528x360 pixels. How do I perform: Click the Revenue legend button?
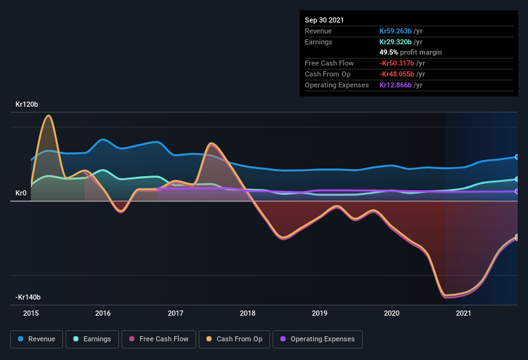coord(37,339)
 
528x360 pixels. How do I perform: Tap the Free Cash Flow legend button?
coord(159,339)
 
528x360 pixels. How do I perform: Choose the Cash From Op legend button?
coord(233,339)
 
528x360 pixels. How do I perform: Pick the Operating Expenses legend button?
coord(318,339)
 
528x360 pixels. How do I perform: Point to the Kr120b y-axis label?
coord(28,104)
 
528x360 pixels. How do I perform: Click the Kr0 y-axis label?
coord(21,193)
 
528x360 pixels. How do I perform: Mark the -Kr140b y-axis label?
coord(29,297)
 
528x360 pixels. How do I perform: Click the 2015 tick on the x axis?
coord(31,314)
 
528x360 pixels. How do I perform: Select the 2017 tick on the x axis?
coord(176,314)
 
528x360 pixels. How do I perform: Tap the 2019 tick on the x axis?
coord(320,314)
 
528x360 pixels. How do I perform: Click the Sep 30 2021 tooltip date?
coord(324,20)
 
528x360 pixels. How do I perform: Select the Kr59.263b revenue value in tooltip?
coord(399,31)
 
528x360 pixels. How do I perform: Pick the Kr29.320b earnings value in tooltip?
coord(399,42)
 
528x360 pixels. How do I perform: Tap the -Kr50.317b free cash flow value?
coord(401,63)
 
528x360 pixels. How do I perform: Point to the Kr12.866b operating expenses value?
coord(399,85)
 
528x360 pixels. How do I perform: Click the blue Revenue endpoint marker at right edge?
coord(516,157)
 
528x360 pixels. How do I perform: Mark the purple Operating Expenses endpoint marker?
coord(516,191)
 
